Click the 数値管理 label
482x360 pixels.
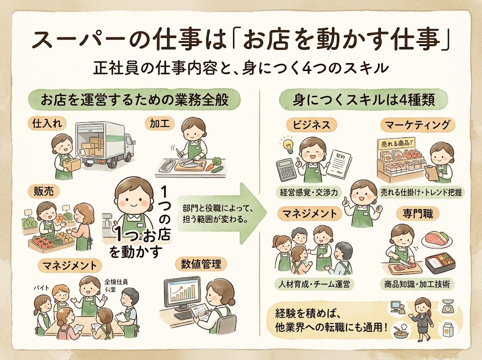[201, 264]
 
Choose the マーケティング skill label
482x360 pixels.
[418, 125]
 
